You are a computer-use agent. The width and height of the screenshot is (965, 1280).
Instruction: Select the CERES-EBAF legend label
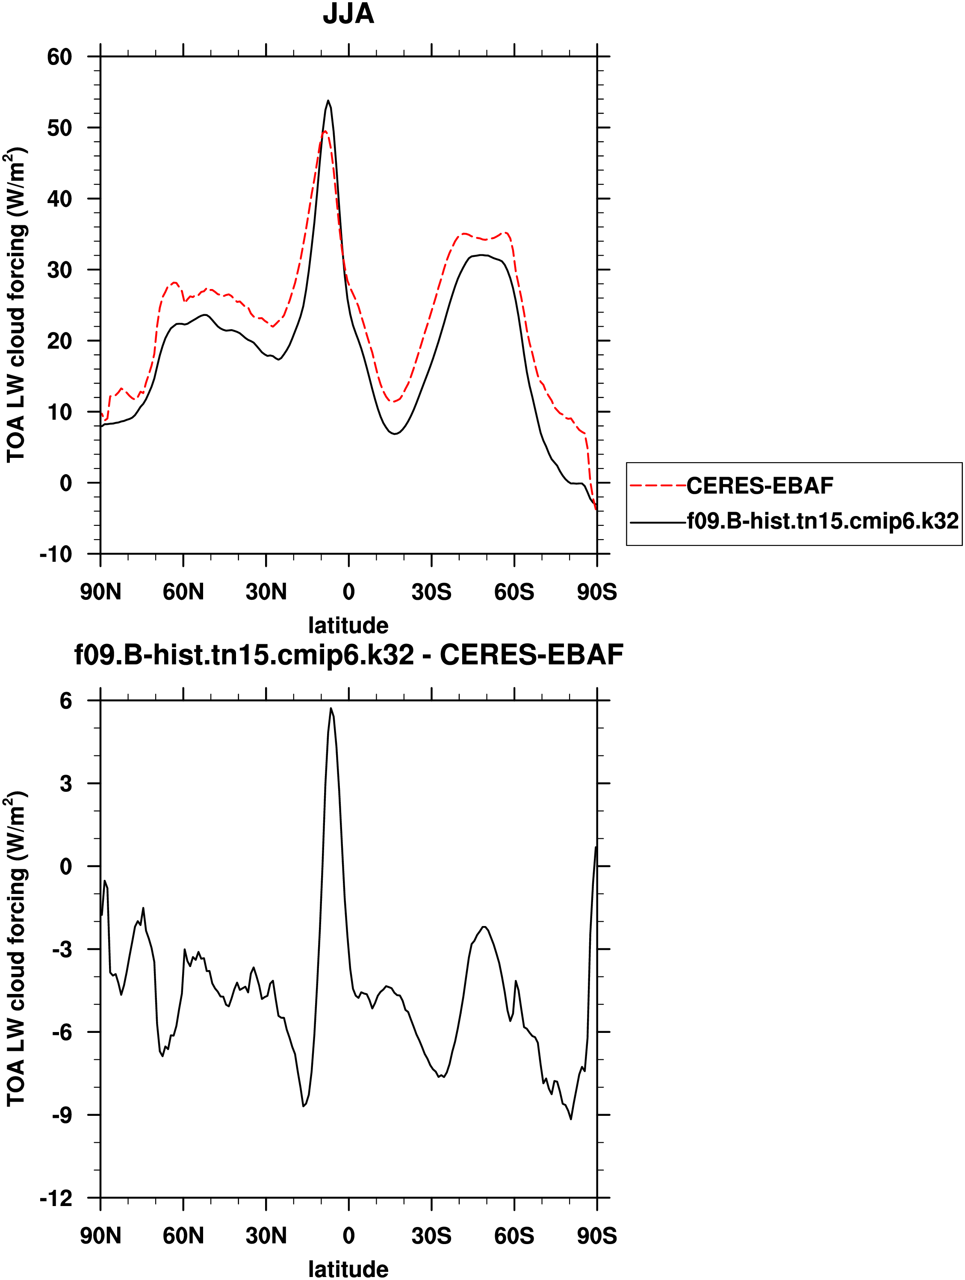pyautogui.click(x=759, y=486)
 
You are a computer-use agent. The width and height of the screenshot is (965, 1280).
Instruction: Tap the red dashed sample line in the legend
pyautogui.click(x=658, y=486)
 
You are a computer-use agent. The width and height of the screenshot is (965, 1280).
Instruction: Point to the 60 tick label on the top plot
pyautogui.click(x=59, y=57)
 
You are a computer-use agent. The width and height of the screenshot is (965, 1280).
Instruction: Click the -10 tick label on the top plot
pyautogui.click(x=56, y=554)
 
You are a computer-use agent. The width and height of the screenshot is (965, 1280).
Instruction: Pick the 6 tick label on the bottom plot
pyautogui.click(x=66, y=701)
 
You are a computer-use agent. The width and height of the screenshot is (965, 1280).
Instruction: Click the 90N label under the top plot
pyautogui.click(x=101, y=592)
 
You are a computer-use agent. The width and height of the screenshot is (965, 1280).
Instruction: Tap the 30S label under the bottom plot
pyautogui.click(x=431, y=1236)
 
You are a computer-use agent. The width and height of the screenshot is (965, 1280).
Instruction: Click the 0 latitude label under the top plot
pyautogui.click(x=348, y=592)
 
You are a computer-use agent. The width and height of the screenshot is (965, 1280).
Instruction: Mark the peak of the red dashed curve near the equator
pyautogui.click(x=325, y=131)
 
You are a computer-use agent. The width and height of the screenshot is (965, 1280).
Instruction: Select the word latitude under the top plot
pyautogui.click(x=348, y=625)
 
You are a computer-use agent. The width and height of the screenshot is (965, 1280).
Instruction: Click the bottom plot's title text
pyautogui.click(x=348, y=655)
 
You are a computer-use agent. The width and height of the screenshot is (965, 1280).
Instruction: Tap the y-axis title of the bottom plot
pyautogui.click(x=16, y=949)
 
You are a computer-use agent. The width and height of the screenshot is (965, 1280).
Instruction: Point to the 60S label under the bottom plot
pyautogui.click(x=514, y=1236)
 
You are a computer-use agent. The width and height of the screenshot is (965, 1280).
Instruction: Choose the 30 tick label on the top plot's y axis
pyautogui.click(x=59, y=270)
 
